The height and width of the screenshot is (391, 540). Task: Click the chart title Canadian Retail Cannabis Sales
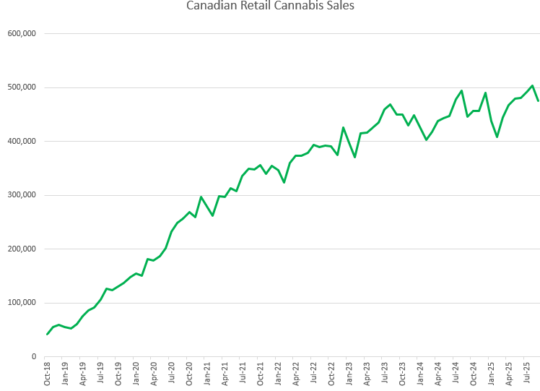270,6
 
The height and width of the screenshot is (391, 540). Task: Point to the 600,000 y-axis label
22,34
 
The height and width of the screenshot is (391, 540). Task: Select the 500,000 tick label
22,87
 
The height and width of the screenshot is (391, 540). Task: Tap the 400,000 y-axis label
22,142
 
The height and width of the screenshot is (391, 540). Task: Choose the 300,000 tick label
22,195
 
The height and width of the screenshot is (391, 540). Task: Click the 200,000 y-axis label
22,249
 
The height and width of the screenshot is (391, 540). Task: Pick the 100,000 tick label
22,303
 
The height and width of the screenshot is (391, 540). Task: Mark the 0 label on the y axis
33,357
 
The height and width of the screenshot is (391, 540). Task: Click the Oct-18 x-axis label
48,373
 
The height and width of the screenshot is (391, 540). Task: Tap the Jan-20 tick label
136,373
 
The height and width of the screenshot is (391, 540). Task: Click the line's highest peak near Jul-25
532,85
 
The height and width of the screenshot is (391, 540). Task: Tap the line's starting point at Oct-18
48,334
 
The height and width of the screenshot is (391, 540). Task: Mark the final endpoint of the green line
538,100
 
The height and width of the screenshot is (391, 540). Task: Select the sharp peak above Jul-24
461,91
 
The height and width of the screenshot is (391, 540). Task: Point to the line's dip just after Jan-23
355,157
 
